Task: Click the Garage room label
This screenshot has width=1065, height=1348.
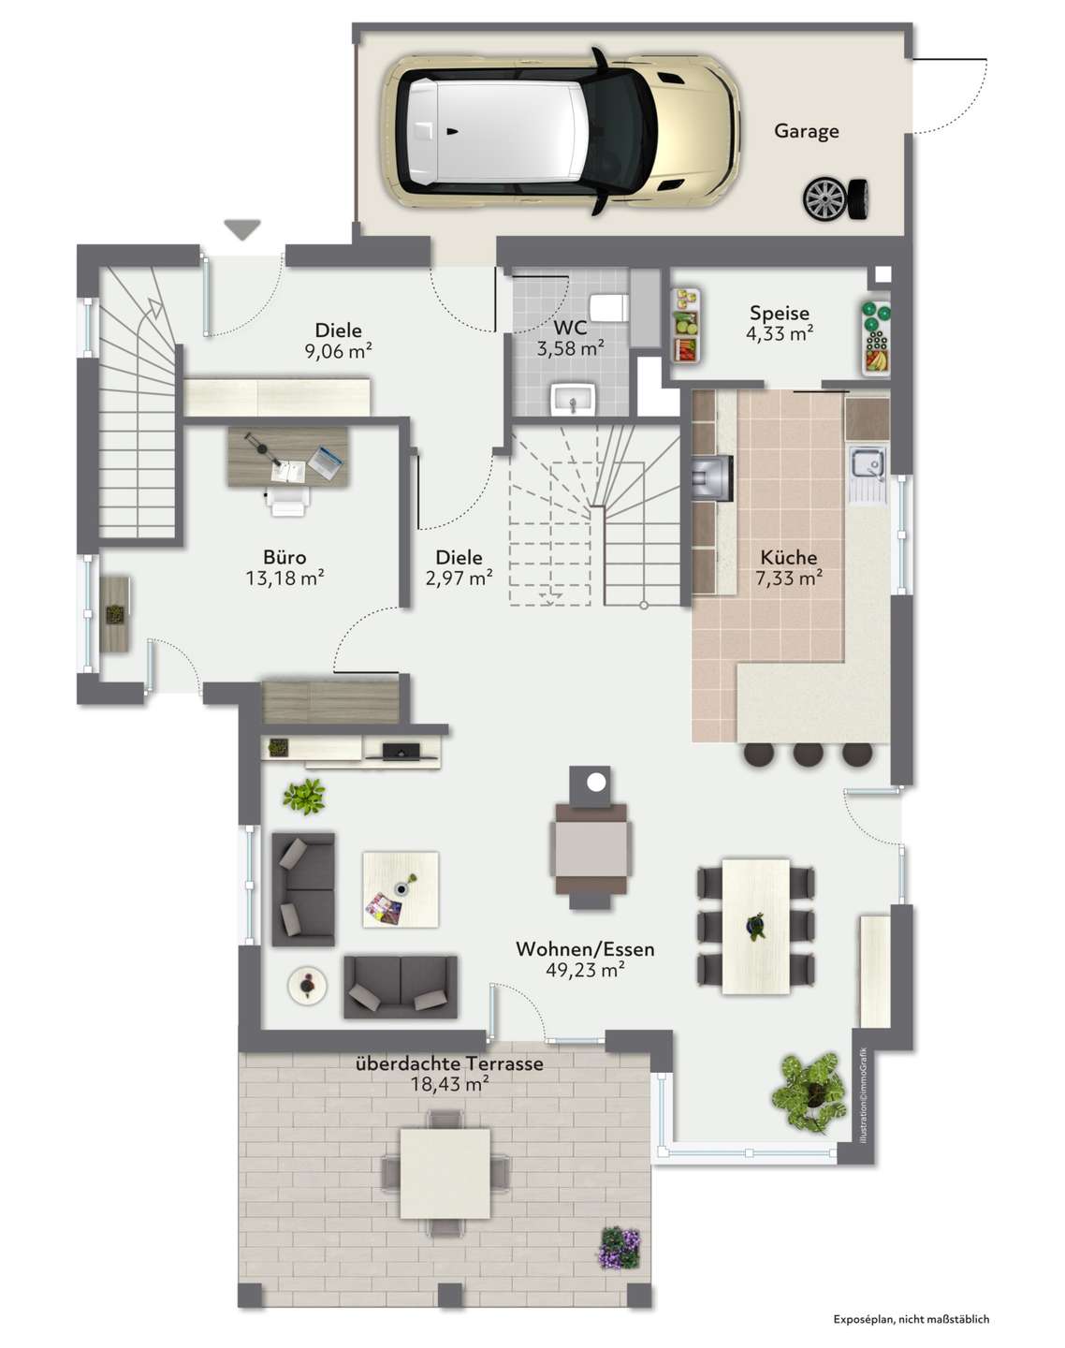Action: pos(806,132)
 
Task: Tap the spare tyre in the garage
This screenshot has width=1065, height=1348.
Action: pos(836,199)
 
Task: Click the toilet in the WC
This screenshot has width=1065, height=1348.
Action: pos(608,308)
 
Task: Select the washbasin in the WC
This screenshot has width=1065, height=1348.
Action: pos(573,399)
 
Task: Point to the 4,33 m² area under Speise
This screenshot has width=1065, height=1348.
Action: pos(780,334)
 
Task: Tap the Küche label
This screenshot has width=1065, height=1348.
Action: pos(789,558)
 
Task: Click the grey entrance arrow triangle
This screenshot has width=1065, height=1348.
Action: pos(242,228)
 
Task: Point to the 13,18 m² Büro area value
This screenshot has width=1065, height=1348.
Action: pos(284,579)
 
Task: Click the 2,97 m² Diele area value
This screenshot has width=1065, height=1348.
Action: pos(459,579)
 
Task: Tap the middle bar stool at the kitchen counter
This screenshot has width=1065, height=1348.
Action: pos(809,754)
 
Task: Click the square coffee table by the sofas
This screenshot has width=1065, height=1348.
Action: pos(401,889)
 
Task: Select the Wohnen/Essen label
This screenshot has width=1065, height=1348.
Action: pos(585,949)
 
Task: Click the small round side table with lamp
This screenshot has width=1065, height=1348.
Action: pos(306,986)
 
